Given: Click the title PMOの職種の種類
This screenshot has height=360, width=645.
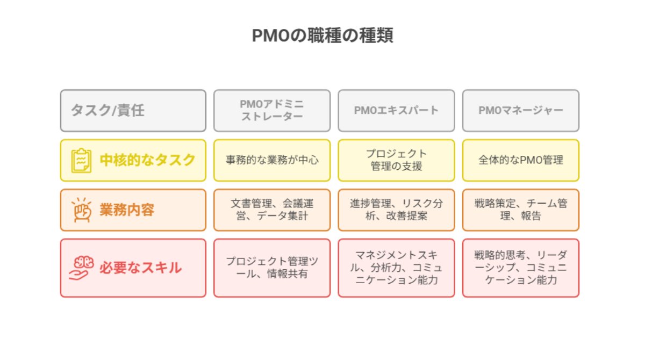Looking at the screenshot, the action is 322,35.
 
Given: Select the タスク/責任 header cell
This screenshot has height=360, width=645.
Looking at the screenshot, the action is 133,111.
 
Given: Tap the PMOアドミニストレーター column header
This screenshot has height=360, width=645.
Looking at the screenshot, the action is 272,111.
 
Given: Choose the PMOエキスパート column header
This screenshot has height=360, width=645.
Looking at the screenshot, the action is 396,111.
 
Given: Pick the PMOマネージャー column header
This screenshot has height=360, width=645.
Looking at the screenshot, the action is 521,111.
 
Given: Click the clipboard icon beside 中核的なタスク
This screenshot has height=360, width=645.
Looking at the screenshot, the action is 81,160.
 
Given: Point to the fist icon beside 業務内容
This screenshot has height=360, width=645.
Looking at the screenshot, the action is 82,210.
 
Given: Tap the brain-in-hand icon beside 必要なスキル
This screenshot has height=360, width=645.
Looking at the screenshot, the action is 81,268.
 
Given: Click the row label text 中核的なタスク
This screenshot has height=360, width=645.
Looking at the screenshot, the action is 147,160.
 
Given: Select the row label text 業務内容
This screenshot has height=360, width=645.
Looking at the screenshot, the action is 127,210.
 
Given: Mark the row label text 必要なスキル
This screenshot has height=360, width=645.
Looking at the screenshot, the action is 141,268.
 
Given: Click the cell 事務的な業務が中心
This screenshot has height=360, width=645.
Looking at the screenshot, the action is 272,160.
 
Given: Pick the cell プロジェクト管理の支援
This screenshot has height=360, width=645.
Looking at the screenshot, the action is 396,160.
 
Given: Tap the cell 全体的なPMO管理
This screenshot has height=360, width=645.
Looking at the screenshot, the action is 521,160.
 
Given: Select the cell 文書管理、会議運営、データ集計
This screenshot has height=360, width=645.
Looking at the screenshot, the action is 272,210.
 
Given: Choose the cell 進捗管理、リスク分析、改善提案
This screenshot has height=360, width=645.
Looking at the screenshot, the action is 396,210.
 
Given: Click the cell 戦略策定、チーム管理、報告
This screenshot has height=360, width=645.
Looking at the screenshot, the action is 521,210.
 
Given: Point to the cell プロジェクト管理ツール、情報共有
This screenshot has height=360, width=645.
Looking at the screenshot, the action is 272,268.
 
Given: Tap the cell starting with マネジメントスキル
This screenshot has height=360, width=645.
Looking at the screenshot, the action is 396,268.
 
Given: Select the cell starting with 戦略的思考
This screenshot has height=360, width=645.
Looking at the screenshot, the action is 521,268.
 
